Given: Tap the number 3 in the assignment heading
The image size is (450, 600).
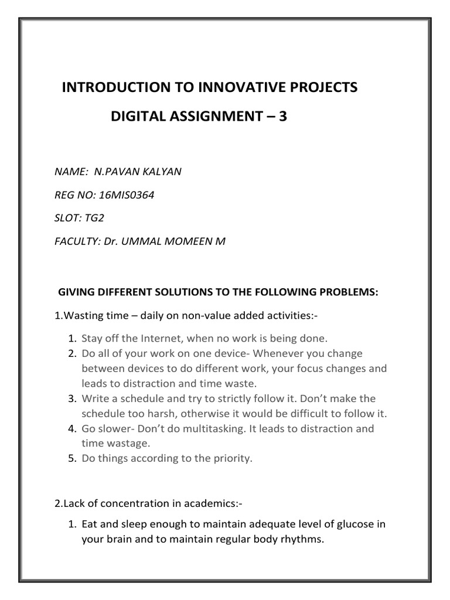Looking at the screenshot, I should (x=284, y=117).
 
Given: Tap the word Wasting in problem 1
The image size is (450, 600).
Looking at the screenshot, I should (x=85, y=316).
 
